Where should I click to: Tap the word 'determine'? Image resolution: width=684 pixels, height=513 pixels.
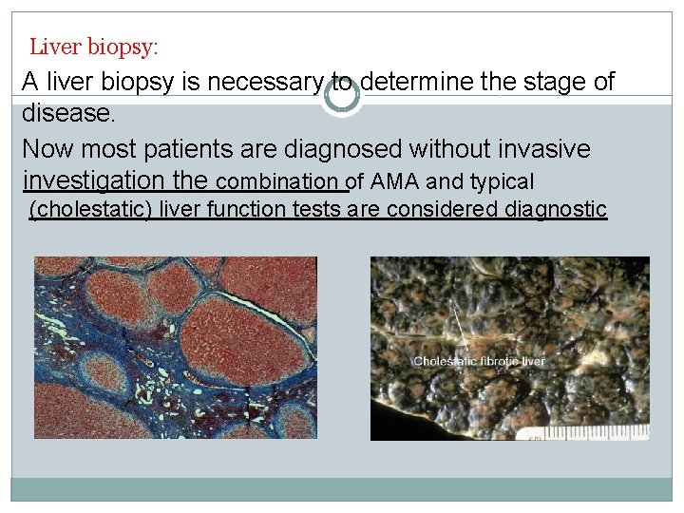coord(417,83)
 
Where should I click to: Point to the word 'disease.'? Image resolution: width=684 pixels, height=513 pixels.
coord(68,115)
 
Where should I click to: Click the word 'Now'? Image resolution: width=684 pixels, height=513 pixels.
coord(46,149)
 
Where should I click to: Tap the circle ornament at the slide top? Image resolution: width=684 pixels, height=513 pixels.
coord(342,95)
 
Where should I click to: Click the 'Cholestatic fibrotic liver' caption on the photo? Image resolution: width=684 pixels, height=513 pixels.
coord(479,361)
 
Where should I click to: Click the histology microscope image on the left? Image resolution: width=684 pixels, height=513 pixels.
coord(175,348)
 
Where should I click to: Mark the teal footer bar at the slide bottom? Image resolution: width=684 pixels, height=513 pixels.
coord(342,488)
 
